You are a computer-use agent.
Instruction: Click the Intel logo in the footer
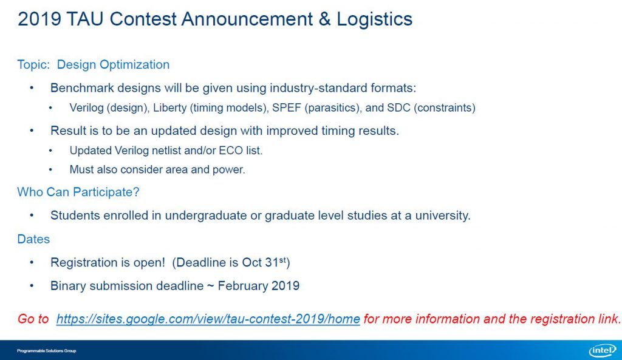pos(603,350)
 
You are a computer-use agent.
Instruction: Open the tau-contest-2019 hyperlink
pos(208,319)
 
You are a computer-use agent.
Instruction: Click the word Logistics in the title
pos(374,19)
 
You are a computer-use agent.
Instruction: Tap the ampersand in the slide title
pos(324,19)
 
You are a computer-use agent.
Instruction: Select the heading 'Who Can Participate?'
pos(78,192)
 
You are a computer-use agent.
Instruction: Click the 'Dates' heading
pos(33,239)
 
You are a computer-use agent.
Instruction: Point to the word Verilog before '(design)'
pos(86,108)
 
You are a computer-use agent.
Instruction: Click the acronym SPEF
pos(287,108)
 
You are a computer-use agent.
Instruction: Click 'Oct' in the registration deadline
pos(252,262)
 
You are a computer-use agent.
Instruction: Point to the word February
pos(243,286)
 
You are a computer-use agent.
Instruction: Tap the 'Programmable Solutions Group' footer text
pos(46,351)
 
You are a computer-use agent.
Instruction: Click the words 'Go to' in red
pos(33,319)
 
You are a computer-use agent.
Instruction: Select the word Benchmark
pos(82,87)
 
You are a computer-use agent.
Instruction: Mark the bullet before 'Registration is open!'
pos(32,263)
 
